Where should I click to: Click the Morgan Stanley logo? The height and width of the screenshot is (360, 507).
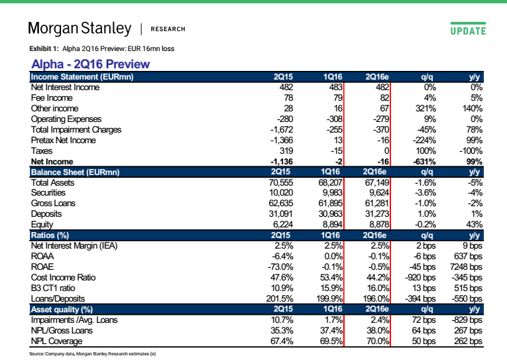tap(80, 29)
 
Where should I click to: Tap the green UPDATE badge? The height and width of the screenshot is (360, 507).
tap(468, 29)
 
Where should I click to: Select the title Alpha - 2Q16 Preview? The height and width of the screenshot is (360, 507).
tap(91, 64)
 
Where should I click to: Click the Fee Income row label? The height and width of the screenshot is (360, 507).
tap(52, 98)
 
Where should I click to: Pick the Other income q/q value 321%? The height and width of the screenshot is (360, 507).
tap(425, 108)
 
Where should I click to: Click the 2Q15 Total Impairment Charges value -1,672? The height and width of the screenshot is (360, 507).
tap(282, 130)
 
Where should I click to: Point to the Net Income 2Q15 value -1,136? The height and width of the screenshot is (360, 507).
tap(282, 161)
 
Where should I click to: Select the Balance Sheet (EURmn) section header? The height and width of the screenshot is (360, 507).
tap(75, 172)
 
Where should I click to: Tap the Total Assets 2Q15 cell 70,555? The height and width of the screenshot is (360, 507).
tap(280, 183)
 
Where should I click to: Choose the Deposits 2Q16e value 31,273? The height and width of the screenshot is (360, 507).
tap(376, 214)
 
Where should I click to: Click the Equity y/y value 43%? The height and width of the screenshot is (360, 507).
tap(475, 225)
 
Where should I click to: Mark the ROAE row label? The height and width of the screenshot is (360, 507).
tap(42, 267)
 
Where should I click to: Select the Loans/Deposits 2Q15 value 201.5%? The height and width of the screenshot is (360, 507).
tap(280, 298)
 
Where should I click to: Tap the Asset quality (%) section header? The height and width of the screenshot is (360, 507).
tap(62, 310)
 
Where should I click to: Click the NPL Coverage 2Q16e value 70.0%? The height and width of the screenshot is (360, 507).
tap(378, 341)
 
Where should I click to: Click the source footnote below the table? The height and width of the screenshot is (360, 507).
tap(93, 354)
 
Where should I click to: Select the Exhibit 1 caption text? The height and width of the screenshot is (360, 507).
tap(102, 49)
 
